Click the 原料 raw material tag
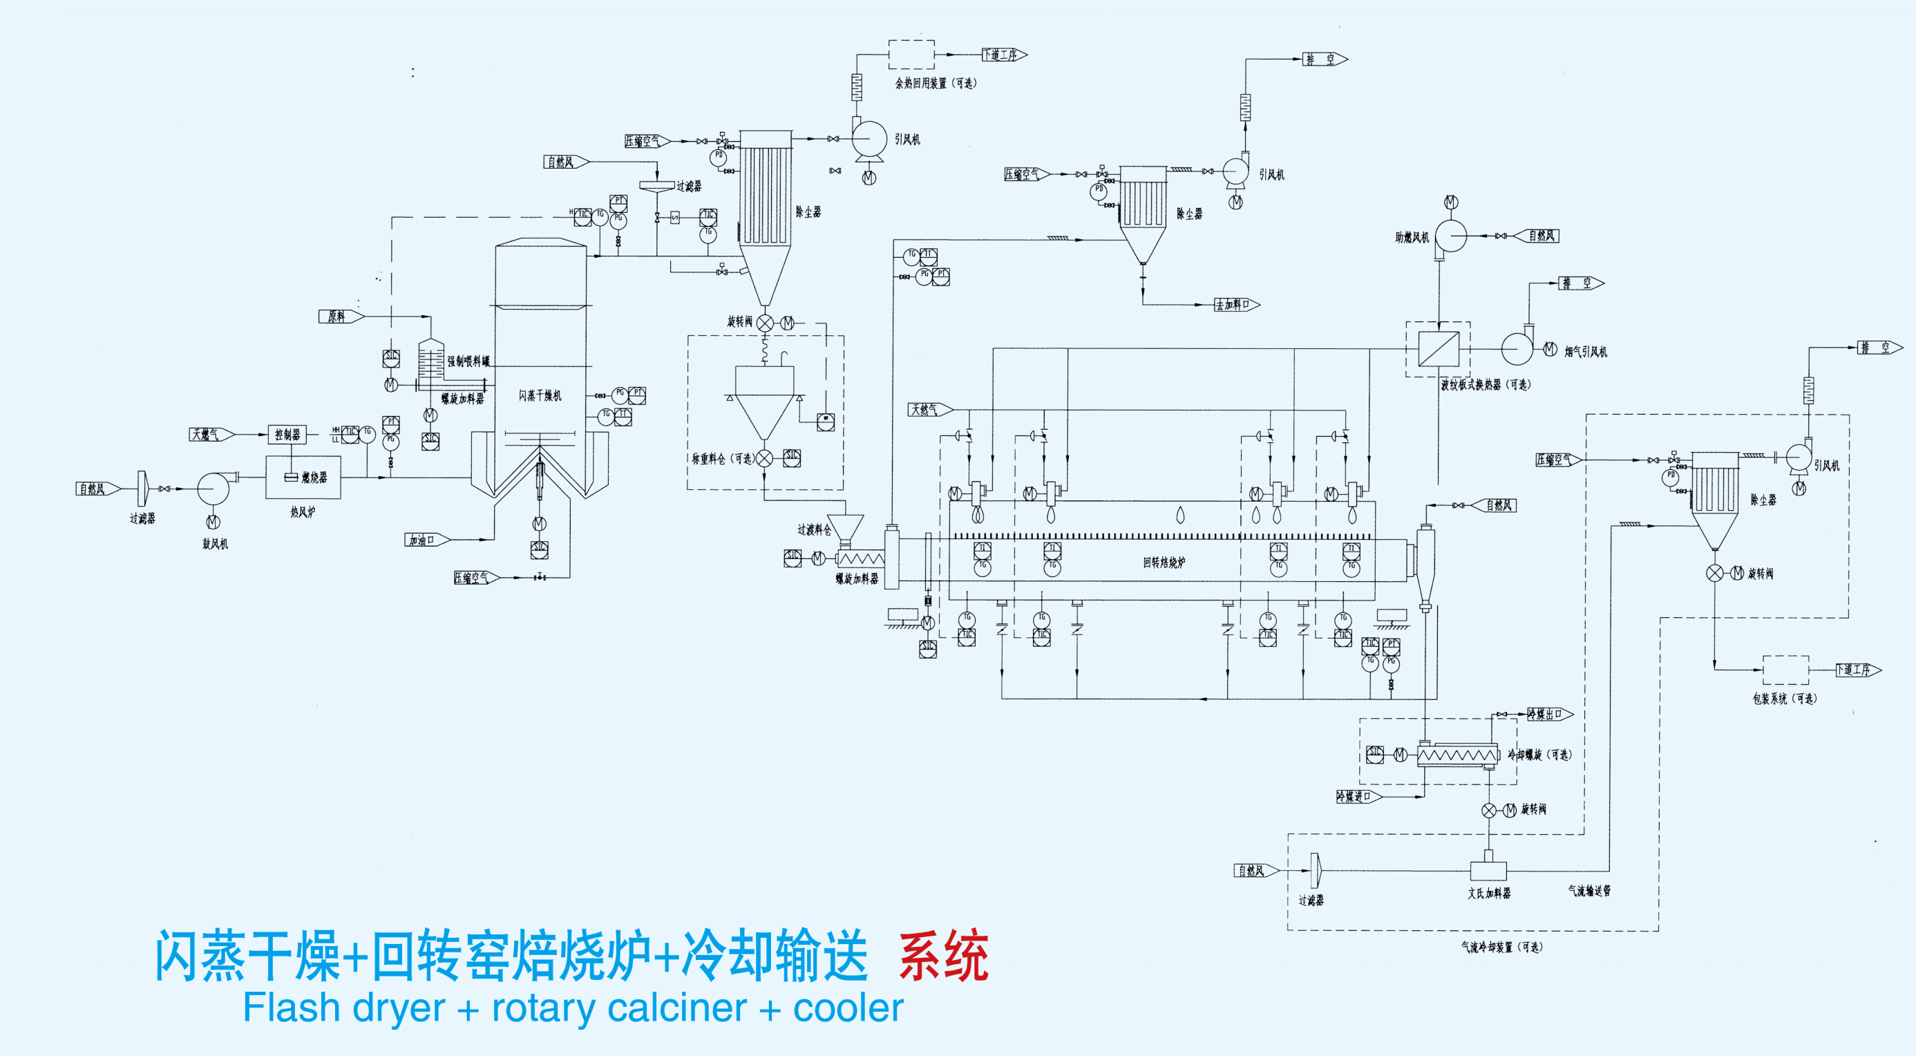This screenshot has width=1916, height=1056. point(339,317)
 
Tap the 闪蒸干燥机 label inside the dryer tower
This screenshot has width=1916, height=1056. point(540,395)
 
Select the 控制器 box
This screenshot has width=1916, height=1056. point(287,435)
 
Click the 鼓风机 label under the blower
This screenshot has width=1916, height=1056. point(215,544)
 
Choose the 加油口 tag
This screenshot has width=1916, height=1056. point(425,540)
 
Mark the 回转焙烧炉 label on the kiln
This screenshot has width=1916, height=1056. point(1164,563)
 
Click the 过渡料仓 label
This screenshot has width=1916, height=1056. point(814,530)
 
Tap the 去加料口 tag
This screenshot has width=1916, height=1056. point(1235,304)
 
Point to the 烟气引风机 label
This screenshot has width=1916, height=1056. point(1586,351)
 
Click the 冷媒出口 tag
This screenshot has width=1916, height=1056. point(1548,715)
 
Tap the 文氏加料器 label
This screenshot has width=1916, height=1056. point(1488,893)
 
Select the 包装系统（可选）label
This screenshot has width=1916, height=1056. point(1784,699)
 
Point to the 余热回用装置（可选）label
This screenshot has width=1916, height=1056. point(936,84)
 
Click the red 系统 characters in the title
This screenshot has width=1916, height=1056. point(943,957)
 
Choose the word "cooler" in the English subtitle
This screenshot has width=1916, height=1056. point(848,1009)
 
